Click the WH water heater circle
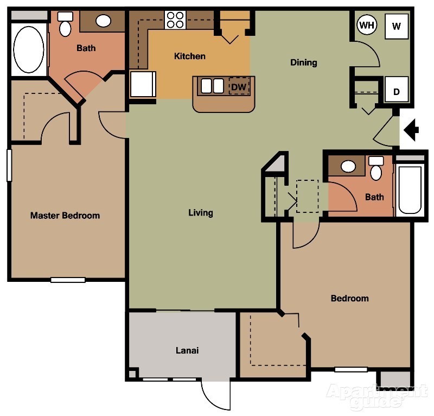[367, 25]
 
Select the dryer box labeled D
[397, 90]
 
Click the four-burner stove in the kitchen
[175, 20]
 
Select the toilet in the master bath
[65, 24]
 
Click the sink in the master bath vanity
[104, 21]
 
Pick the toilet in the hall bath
[375, 169]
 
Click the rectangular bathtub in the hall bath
[410, 190]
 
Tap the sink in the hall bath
[348, 166]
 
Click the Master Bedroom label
[65, 216]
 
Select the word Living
[201, 213]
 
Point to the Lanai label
[187, 350]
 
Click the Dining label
[304, 62]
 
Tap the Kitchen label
[190, 56]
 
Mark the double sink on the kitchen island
[212, 86]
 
